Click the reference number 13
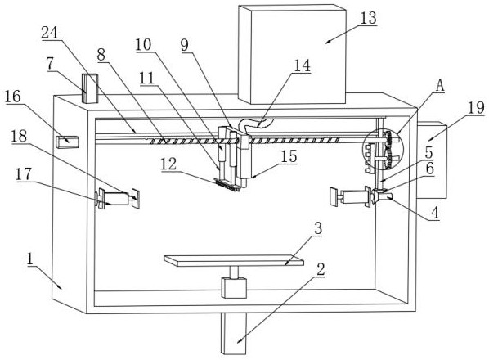click(x=368, y=18)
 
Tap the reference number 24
click(x=50, y=33)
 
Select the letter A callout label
click(x=440, y=85)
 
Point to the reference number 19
click(x=476, y=108)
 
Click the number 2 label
click(x=321, y=269)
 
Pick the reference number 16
click(x=13, y=97)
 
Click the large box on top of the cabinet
click(x=292, y=54)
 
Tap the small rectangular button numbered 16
click(x=67, y=142)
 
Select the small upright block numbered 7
click(x=90, y=88)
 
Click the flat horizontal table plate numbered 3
click(x=234, y=261)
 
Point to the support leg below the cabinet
click(x=234, y=333)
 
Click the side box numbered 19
click(x=432, y=160)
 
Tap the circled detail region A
click(x=383, y=150)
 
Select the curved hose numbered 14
click(x=255, y=126)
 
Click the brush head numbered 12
click(x=227, y=184)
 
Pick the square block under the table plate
click(x=234, y=288)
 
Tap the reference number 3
click(x=318, y=228)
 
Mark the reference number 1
click(x=30, y=259)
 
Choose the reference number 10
click(x=143, y=45)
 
